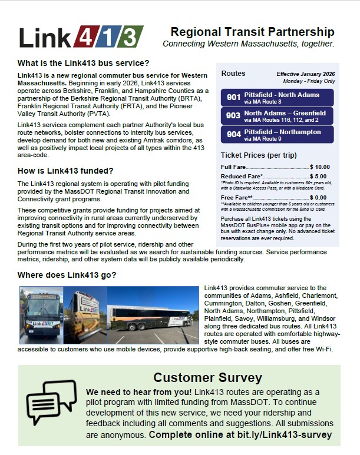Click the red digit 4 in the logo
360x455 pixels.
tap(87, 37)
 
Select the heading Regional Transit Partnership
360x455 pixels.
tap(252, 32)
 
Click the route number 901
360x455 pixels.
tap(234, 98)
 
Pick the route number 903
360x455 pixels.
tap(234, 116)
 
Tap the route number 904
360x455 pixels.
tap(234, 134)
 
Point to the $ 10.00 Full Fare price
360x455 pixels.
tap(320, 167)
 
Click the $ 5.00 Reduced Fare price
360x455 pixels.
tap(319, 176)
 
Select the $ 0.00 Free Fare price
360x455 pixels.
tap(319, 198)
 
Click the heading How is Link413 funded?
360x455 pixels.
tap(65, 171)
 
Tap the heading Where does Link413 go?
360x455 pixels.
tap(67, 275)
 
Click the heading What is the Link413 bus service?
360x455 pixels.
tap(84, 63)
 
